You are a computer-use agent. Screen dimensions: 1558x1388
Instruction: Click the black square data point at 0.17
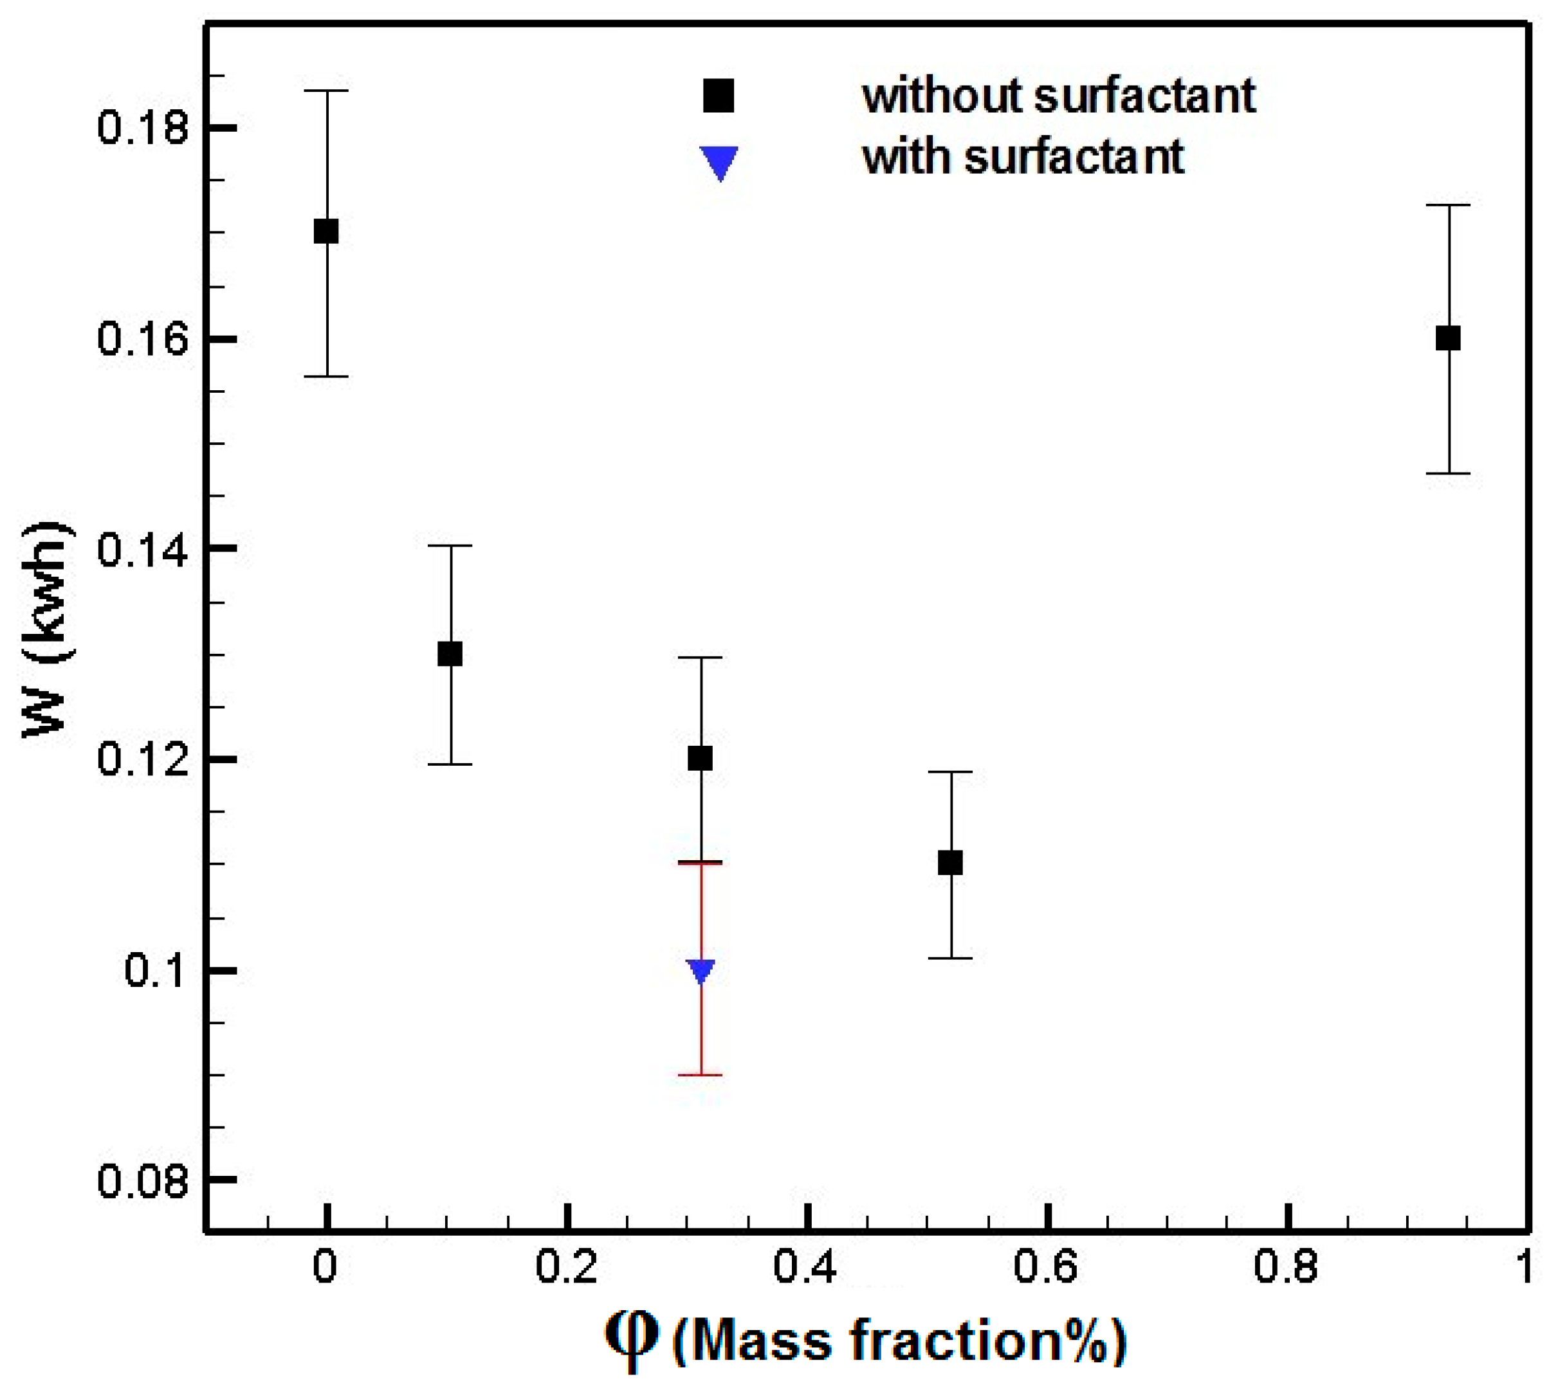[x=327, y=231]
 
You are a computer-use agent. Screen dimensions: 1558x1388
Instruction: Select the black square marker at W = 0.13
[x=450, y=654]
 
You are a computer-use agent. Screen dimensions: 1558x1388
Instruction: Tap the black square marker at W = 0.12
[x=701, y=759]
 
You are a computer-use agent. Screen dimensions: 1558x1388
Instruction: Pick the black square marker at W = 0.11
[x=950, y=863]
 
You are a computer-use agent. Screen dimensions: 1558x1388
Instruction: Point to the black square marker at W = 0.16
[x=1448, y=338]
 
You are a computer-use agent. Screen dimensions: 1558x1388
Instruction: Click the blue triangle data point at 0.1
[x=701, y=970]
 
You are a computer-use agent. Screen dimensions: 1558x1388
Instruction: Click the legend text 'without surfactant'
[x=1059, y=95]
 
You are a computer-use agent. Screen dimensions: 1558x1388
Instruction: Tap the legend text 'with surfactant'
[x=1023, y=156]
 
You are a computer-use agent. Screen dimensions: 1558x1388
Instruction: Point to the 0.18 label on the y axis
[x=143, y=128]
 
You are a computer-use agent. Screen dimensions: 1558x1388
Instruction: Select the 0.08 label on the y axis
[x=143, y=1182]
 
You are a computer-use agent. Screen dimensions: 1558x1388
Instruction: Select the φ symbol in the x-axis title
[x=631, y=1340]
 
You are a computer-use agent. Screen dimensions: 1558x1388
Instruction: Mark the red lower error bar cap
[x=701, y=1076]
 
